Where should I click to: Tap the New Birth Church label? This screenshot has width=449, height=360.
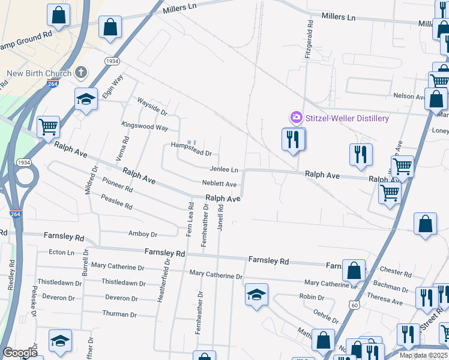pyautogui.click(x=39, y=74)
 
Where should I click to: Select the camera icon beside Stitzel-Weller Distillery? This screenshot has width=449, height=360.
pyautogui.click(x=295, y=118)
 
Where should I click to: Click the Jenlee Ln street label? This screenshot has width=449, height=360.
pyautogui.click(x=224, y=170)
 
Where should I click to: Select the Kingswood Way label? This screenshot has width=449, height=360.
pyautogui.click(x=145, y=127)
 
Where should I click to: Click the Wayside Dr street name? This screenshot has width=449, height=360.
pyautogui.click(x=152, y=107)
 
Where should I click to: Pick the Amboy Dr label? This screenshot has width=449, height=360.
pyautogui.click(x=142, y=235)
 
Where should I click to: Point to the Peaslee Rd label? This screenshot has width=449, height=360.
pyautogui.click(x=116, y=202)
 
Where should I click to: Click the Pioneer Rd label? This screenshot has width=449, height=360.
pyautogui.click(x=117, y=184)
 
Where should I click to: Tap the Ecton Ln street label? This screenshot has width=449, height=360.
pyautogui.click(x=61, y=253)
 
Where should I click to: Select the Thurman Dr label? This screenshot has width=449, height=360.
pyautogui.click(x=115, y=314)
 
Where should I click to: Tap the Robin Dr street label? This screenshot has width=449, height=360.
pyautogui.click(x=312, y=297)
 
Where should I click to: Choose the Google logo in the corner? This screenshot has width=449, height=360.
pyautogui.click(x=20, y=353)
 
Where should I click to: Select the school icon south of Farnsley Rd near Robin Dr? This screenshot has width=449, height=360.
pyautogui.click(x=256, y=295)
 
